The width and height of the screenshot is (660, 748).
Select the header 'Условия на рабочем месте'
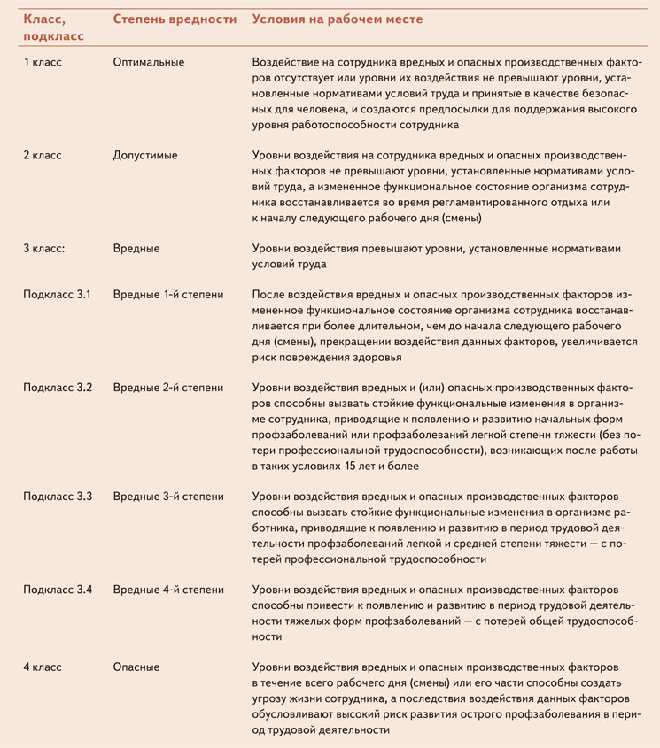(338, 19)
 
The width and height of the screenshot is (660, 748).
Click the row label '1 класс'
(43, 62)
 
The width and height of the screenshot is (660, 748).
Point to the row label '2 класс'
(43, 155)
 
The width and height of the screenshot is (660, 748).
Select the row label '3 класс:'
(44, 249)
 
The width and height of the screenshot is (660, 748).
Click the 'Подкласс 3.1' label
(58, 294)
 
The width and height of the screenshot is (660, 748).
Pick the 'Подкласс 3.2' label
(58, 388)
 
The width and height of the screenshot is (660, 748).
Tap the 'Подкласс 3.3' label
(58, 497)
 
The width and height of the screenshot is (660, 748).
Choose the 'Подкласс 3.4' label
(58, 590)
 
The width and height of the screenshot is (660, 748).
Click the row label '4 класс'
(43, 667)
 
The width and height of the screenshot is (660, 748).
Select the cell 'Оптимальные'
(149, 62)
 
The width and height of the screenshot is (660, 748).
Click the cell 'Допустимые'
(145, 155)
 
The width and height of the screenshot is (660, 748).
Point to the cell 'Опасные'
(136, 667)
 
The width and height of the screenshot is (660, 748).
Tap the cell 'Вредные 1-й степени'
(168, 294)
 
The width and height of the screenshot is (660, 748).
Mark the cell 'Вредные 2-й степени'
(168, 388)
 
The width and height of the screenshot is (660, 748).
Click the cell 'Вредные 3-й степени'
(168, 497)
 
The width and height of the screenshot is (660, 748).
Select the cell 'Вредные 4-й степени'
(168, 590)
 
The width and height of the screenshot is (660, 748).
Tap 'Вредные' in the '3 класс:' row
(136, 249)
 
